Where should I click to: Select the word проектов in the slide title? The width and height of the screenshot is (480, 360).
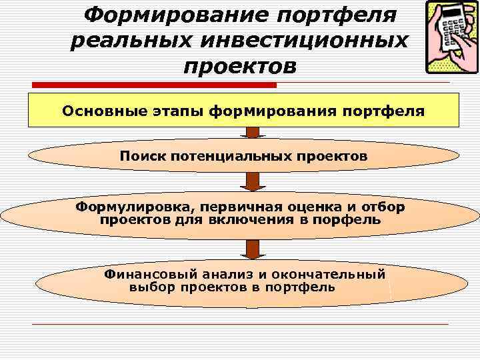click(239, 66)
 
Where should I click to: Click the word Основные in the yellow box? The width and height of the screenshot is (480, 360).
click(99, 111)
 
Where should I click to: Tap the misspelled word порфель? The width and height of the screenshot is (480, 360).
click(353, 219)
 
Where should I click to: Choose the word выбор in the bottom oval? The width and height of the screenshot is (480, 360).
click(151, 287)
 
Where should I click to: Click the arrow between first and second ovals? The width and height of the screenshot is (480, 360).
click(252, 181)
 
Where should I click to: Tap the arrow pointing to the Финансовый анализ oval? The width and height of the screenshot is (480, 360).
click(252, 248)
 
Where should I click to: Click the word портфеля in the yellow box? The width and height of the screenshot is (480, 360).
click(381, 111)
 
